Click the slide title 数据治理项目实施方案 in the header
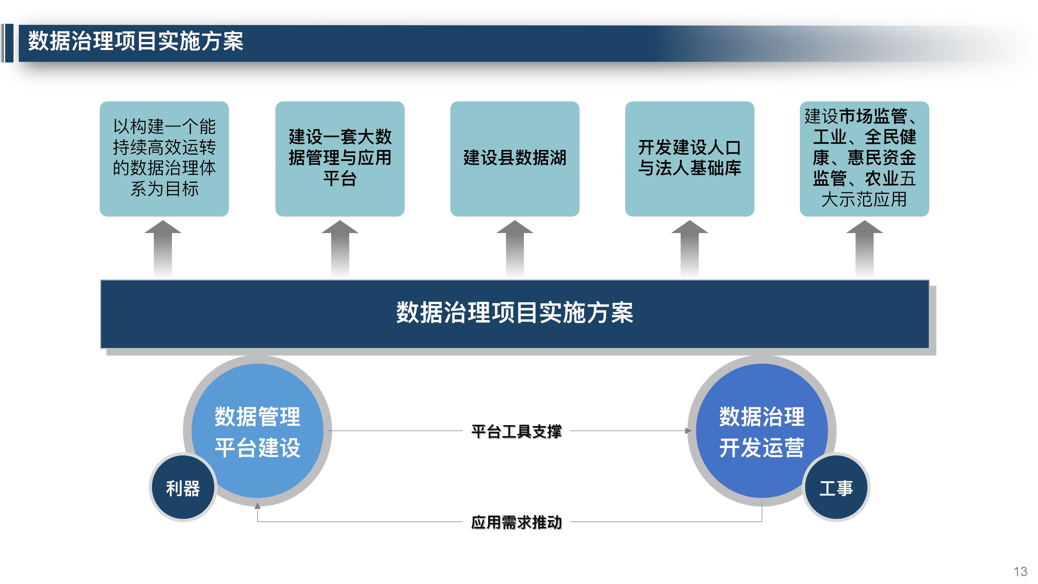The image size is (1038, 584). pyautogui.click(x=135, y=42)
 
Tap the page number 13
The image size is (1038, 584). pyautogui.click(x=1020, y=572)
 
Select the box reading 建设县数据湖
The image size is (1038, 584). pyautogui.click(x=515, y=158)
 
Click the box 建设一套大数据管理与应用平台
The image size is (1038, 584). pyautogui.click(x=340, y=158)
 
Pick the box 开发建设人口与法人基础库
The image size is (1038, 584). pyautogui.click(x=690, y=158)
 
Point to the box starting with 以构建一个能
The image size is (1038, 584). pyautogui.click(x=164, y=158)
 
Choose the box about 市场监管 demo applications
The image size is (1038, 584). pyautogui.click(x=864, y=158)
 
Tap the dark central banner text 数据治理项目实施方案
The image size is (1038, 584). pyautogui.click(x=515, y=313)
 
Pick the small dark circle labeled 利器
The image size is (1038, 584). pyautogui.click(x=183, y=488)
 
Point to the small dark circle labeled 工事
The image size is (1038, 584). pyautogui.click(x=836, y=488)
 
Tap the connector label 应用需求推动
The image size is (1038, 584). pyautogui.click(x=516, y=522)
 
